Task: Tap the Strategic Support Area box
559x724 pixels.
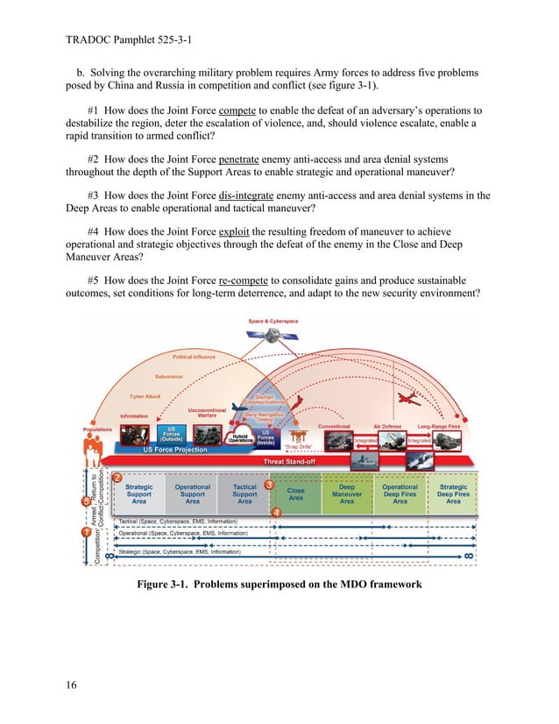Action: point(138,494)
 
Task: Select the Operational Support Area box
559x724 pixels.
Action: point(192,494)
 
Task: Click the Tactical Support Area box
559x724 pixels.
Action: point(244,494)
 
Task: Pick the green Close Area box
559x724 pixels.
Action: point(296,495)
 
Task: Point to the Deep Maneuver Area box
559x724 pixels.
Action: point(347,494)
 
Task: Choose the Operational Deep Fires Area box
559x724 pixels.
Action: point(400,494)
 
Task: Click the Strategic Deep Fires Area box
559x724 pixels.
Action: point(453,494)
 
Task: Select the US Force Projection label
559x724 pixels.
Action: point(175,450)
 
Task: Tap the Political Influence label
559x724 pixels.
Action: point(193,358)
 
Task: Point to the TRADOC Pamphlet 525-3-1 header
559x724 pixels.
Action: point(130,40)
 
